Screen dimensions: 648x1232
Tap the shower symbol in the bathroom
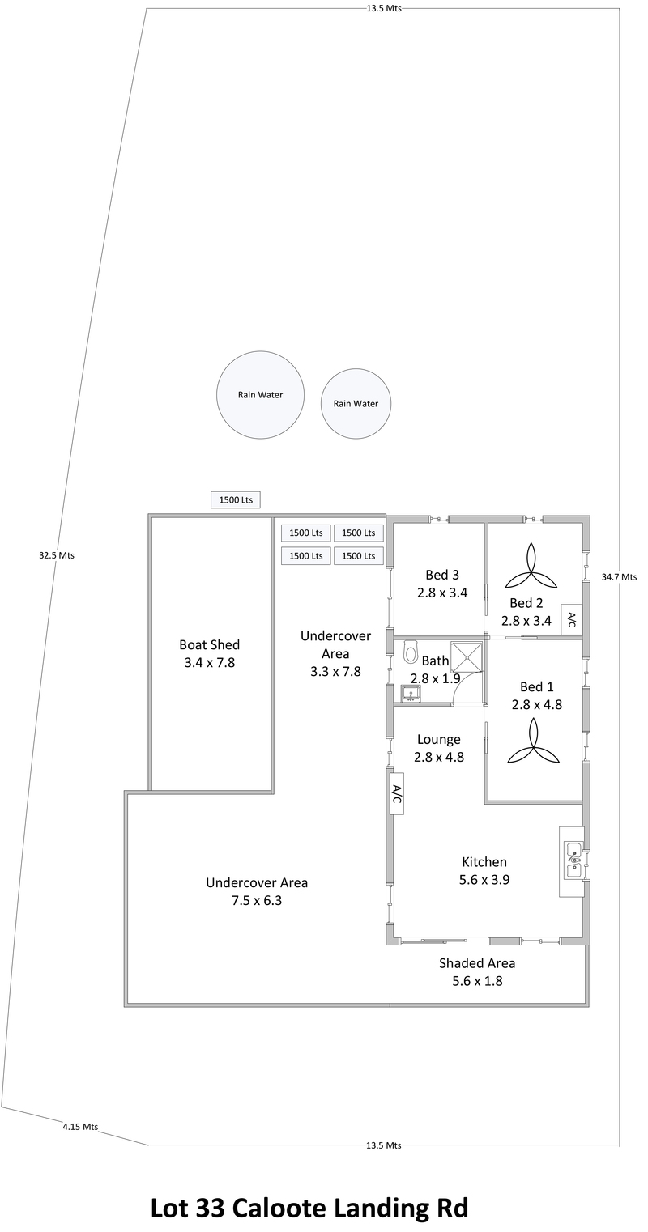coord(466,656)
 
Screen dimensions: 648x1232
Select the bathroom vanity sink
coord(410,694)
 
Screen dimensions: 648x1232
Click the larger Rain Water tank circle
coord(260,395)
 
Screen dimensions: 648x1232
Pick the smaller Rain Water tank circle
coord(356,404)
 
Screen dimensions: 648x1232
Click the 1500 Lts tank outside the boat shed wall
coord(236,500)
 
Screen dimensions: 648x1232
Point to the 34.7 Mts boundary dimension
coord(619,577)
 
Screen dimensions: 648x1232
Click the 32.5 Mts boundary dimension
coord(56,555)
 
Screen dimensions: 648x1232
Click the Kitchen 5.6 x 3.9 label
coord(484,871)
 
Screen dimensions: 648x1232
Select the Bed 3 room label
coord(442,584)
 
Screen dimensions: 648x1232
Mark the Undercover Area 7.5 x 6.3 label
coord(257,891)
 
